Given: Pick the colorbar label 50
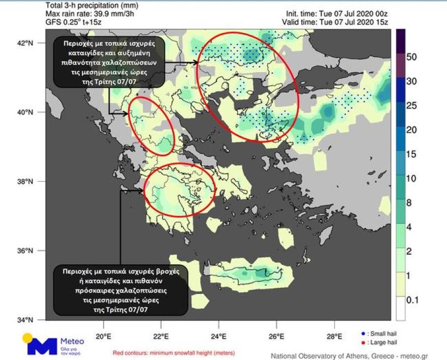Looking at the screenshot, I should tap(411, 57).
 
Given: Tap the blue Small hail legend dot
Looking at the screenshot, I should tap(363, 334).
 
